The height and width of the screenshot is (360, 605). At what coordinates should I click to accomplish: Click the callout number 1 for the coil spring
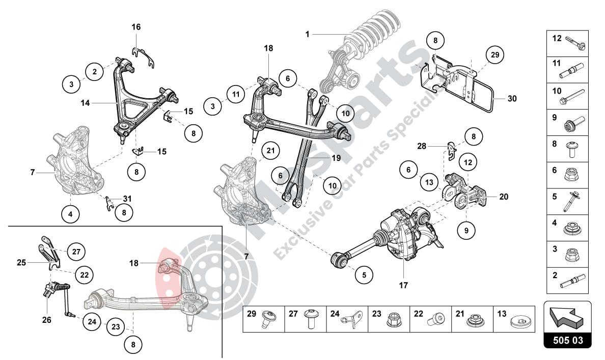coord(308,34)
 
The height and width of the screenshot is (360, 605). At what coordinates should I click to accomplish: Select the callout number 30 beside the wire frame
coord(512,99)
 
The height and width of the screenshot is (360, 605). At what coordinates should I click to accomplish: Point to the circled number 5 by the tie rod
coord(364,275)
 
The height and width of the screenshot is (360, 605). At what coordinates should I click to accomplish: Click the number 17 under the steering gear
coord(403,285)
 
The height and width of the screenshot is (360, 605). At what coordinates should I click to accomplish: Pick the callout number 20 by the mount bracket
coord(504,197)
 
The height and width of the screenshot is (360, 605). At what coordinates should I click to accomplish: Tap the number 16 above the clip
coord(136,26)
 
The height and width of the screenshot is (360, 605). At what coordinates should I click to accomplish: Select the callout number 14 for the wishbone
coord(85,102)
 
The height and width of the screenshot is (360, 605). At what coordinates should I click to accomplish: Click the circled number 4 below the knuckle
coord(70,214)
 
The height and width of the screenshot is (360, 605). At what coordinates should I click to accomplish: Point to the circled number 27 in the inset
coord(76,251)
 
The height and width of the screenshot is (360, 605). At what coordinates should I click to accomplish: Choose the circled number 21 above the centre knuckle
coord(270,150)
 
